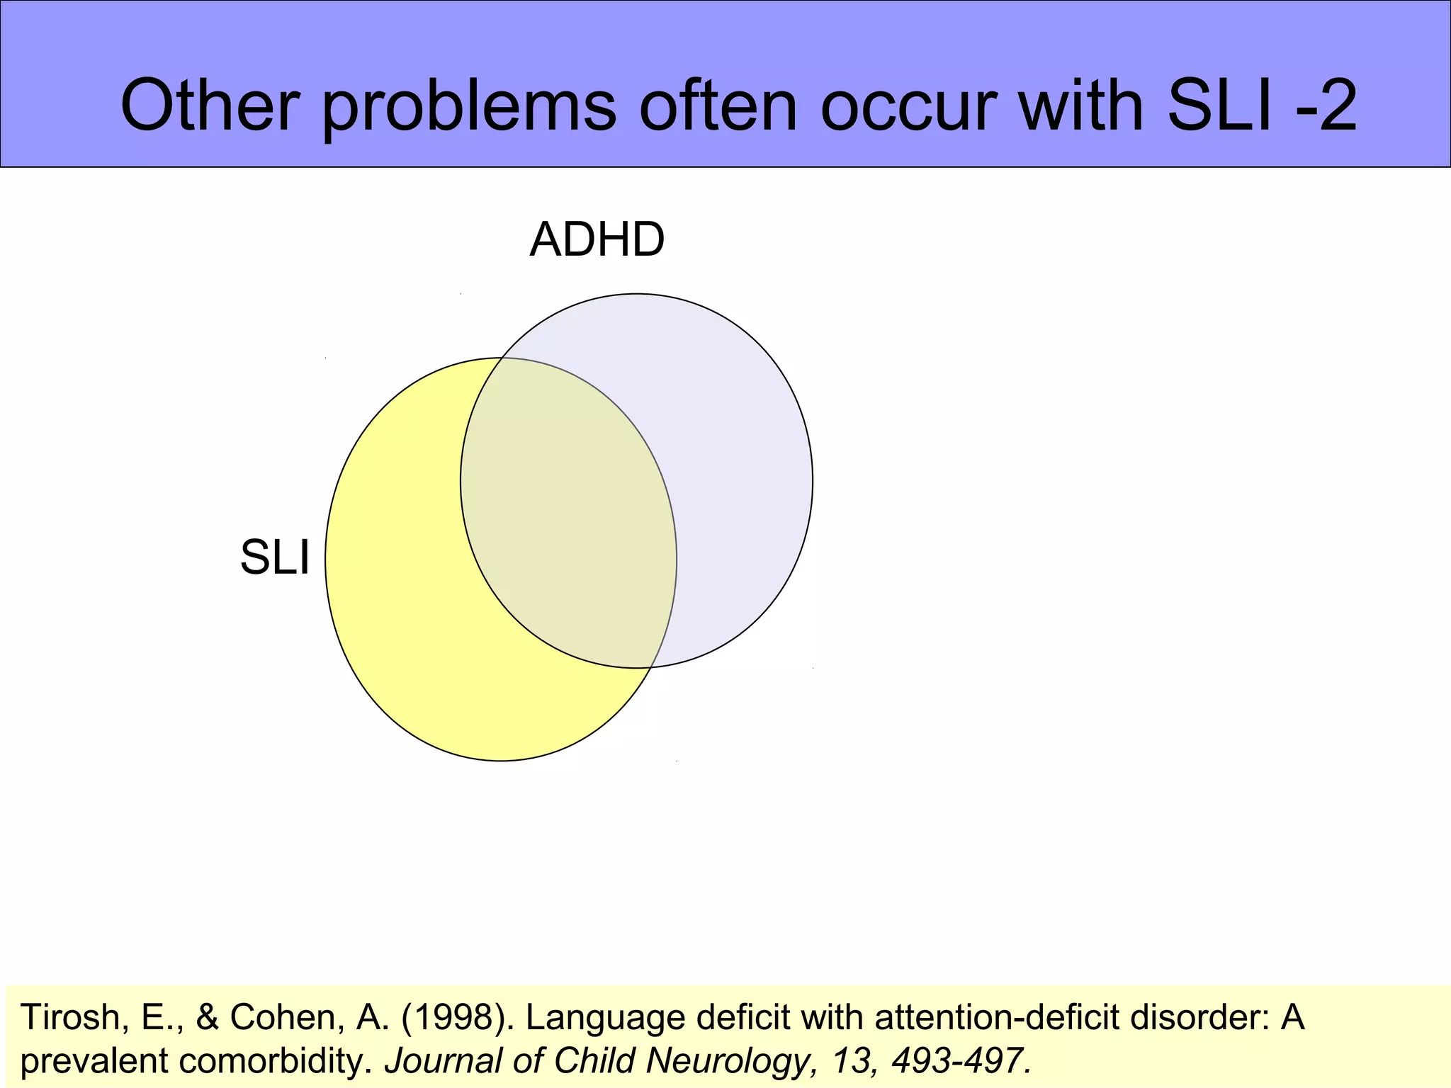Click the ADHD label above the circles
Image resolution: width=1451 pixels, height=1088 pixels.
pos(597,239)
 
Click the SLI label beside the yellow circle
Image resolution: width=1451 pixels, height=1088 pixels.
pos(275,557)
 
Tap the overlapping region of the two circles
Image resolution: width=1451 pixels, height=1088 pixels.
pos(567,517)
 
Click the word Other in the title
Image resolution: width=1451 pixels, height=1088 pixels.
pos(209,106)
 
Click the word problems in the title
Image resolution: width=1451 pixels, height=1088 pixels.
pos(468,106)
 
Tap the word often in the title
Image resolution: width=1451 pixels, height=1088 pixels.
pos(718,106)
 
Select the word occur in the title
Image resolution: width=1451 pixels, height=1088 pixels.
pos(907,106)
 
